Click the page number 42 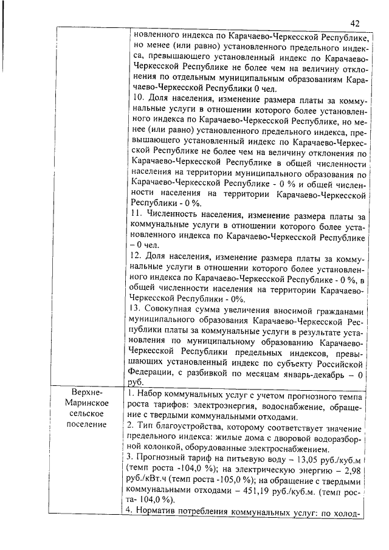tap(355, 22)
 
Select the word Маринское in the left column tap(90, 404)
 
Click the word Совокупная tap(173, 309)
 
